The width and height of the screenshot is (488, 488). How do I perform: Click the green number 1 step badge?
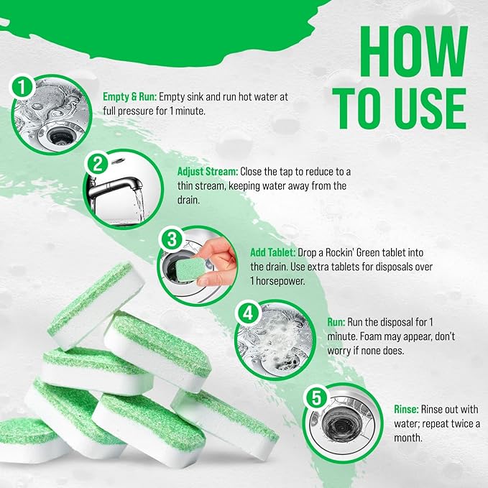[x=22, y=87]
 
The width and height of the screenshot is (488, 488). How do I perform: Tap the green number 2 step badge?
[x=97, y=163]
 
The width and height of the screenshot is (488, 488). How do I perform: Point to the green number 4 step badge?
[x=247, y=314]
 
